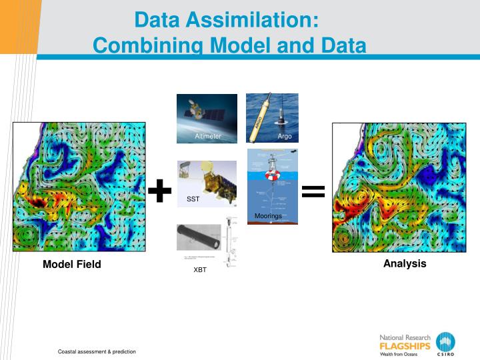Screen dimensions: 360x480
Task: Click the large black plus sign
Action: click(x=159, y=191)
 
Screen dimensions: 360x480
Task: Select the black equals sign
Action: click(x=313, y=192)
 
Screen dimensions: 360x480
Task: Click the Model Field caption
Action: click(x=72, y=265)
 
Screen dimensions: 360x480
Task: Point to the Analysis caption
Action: click(x=405, y=263)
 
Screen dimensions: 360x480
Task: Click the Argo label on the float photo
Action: click(x=285, y=137)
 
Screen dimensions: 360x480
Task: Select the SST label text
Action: click(x=193, y=199)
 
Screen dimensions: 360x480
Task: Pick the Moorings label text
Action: click(x=268, y=216)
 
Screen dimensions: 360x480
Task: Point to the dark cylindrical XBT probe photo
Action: click(x=203, y=238)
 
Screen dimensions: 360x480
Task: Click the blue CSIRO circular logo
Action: click(x=445, y=343)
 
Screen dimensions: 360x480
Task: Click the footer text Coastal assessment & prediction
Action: click(x=97, y=351)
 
